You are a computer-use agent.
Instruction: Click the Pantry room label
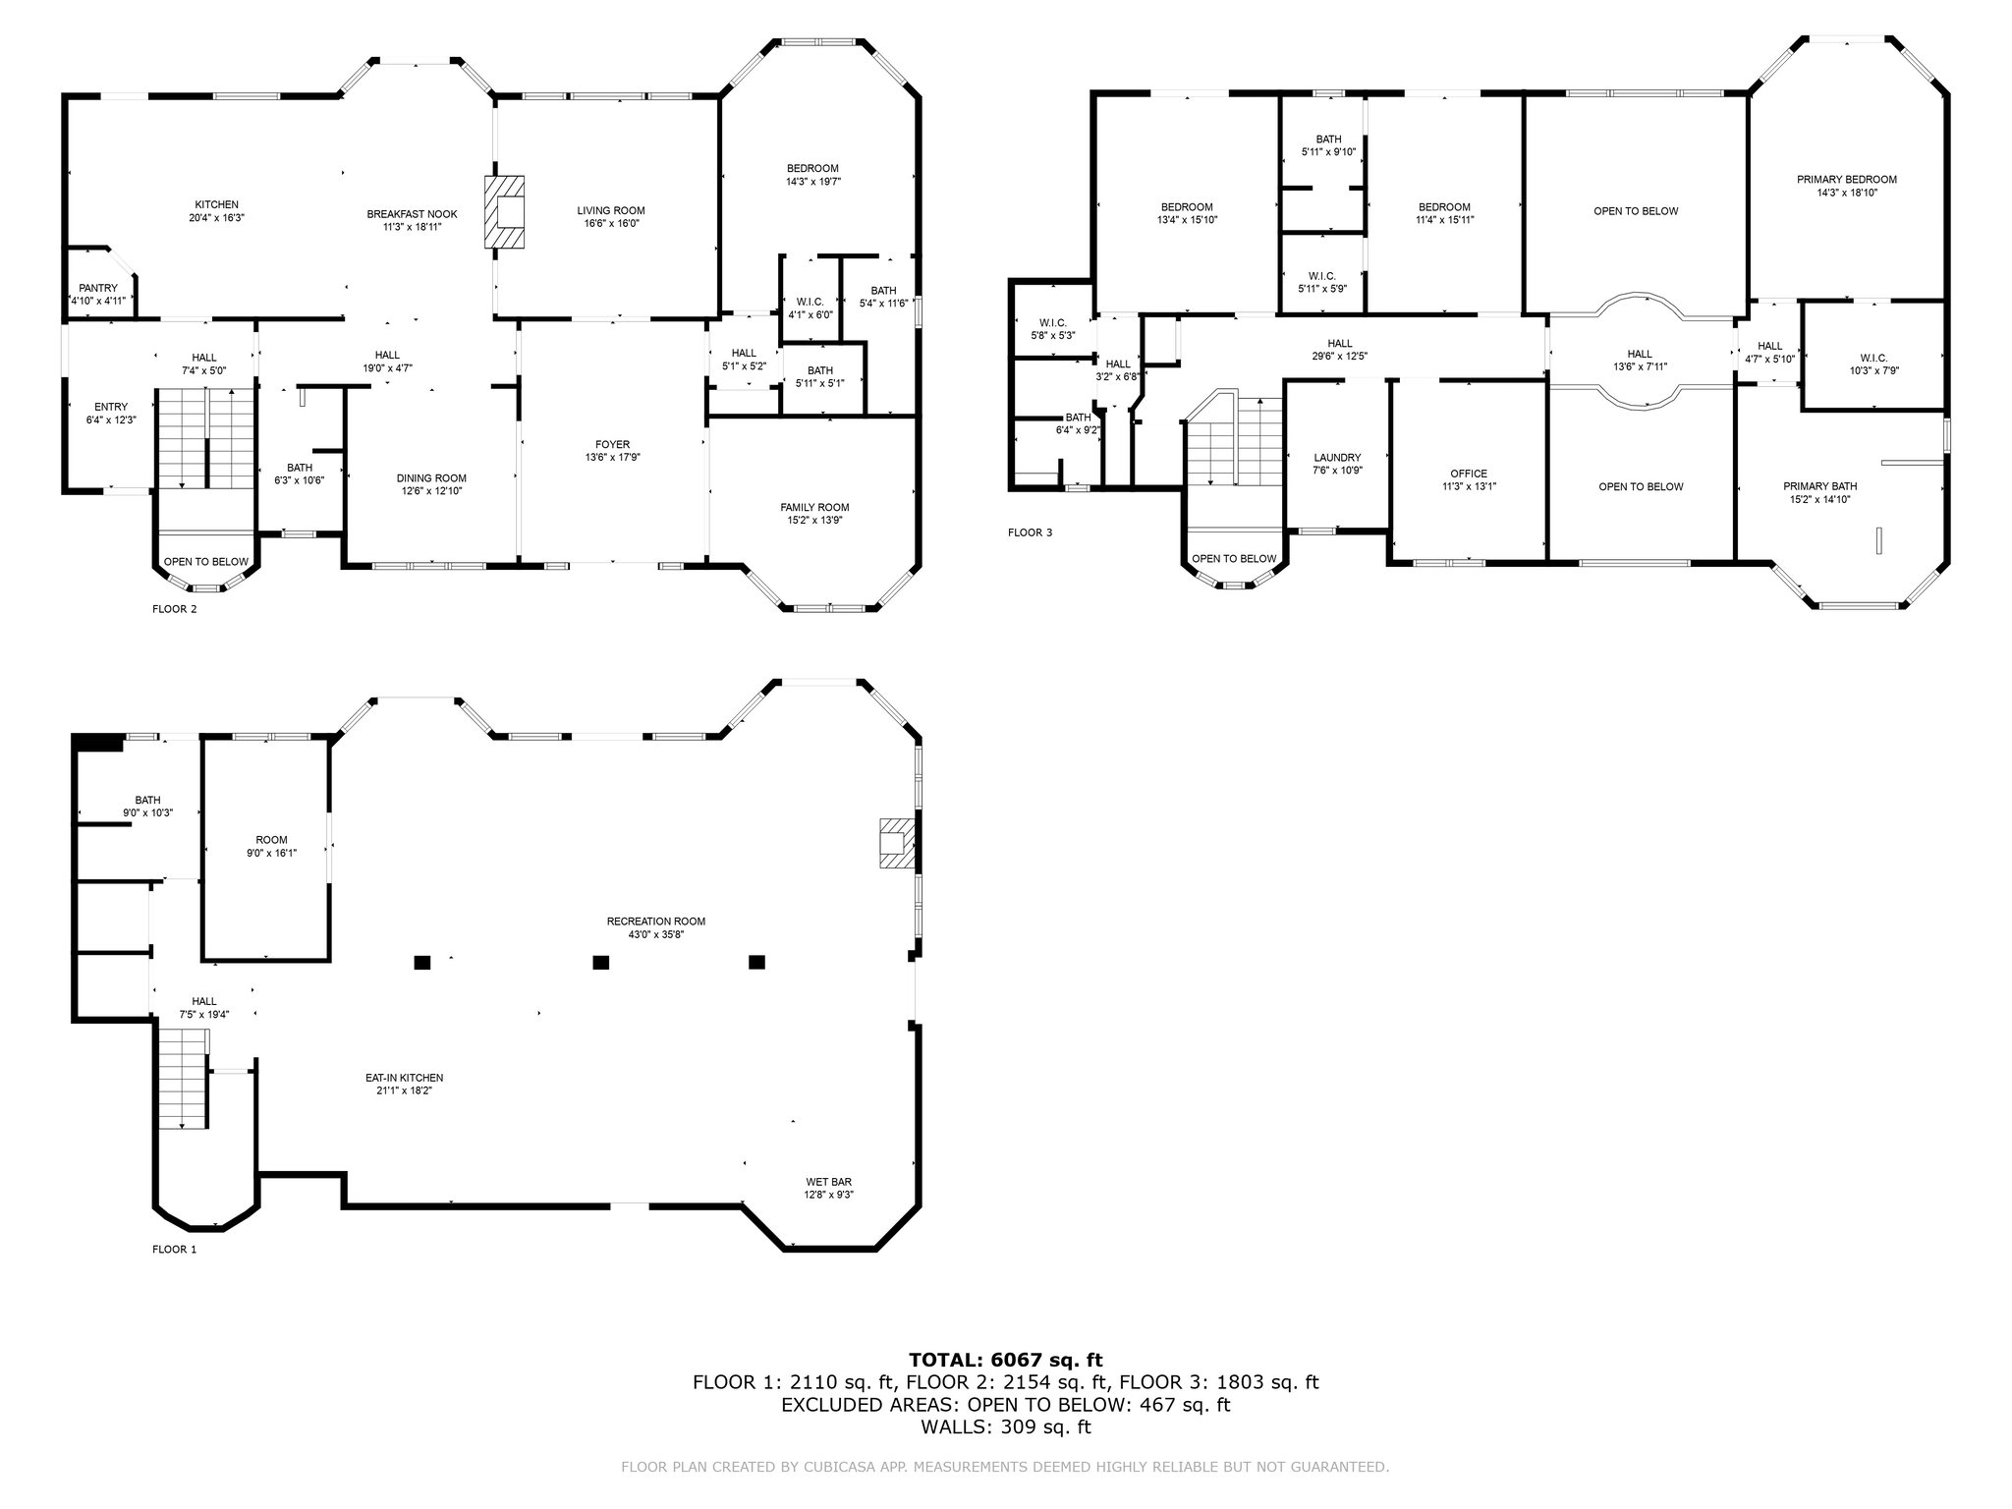[98, 288]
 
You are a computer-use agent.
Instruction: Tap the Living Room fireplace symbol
[504, 212]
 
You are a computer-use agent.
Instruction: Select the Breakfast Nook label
[412, 214]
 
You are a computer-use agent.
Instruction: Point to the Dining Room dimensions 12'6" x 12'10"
[431, 491]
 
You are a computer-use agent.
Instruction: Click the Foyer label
[613, 445]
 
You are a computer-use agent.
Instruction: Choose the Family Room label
[814, 508]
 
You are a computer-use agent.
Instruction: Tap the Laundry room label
[1337, 458]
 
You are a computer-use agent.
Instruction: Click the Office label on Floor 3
[1469, 474]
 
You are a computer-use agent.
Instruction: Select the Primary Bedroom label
[1847, 180]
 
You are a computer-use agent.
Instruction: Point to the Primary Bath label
[1820, 486]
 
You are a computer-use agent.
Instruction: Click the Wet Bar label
[829, 1182]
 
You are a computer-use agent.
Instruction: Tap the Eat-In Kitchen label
[404, 1078]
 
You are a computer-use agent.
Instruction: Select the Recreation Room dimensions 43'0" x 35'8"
[656, 934]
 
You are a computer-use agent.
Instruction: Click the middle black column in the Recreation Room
[601, 963]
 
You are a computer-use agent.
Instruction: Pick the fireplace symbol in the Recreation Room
[896, 843]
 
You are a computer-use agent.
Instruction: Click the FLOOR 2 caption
[175, 609]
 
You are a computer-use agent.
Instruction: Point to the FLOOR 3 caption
[1030, 532]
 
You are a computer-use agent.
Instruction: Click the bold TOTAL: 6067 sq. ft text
[1006, 1360]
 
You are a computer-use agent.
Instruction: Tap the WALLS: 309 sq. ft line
[1006, 1427]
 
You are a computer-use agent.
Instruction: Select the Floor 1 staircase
[185, 1079]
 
